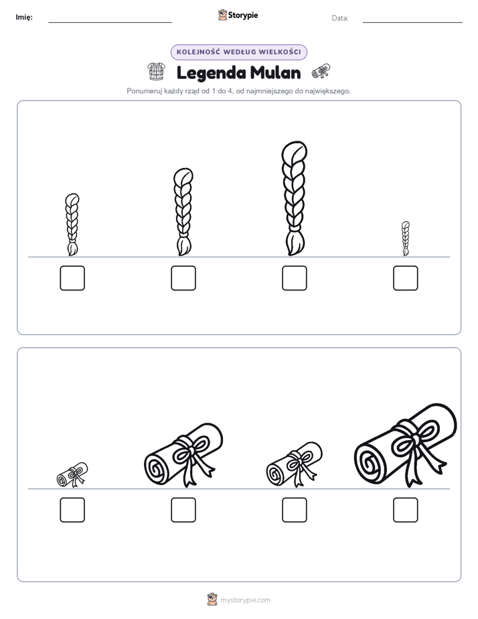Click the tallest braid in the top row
294,198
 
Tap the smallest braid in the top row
406,238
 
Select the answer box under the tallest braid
294,278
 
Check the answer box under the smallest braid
406,278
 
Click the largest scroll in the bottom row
406,445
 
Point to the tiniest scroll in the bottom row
72,474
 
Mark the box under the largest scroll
406,510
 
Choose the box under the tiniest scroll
72,510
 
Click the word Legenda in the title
211,73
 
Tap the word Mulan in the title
275,72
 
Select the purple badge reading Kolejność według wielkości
238,52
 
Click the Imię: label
24,17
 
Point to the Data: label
340,18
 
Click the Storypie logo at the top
238,15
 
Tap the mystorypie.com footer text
245,600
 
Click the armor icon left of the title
156,72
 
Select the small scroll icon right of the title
321,72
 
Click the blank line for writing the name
110,23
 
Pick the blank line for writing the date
412,23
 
